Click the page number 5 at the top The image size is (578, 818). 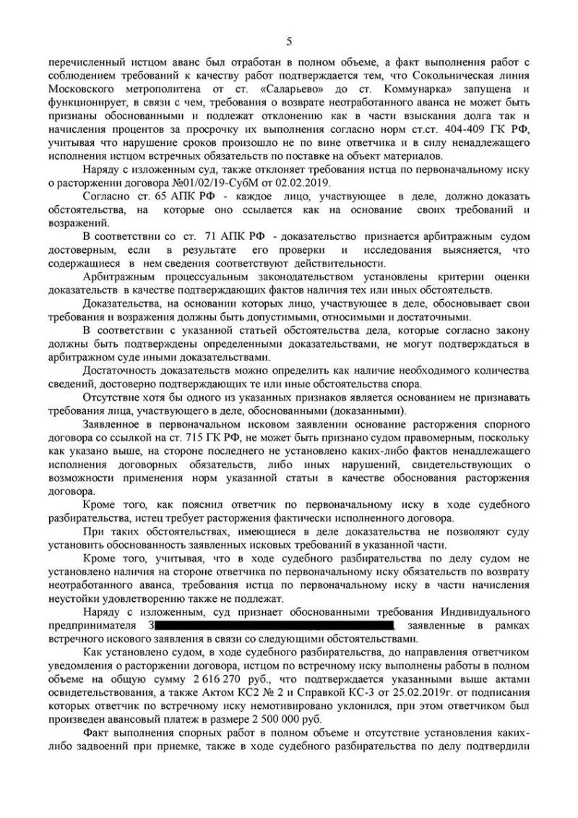click(x=289, y=40)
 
